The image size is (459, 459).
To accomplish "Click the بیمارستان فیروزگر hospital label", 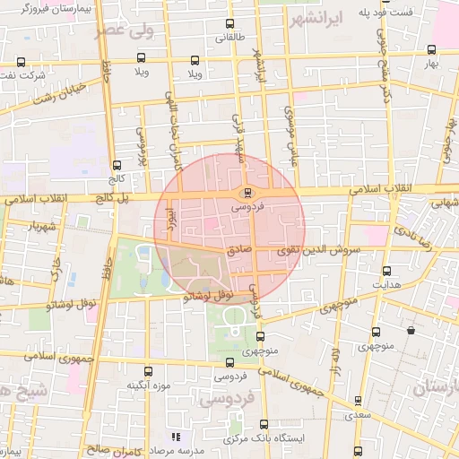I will click(x=55, y=9).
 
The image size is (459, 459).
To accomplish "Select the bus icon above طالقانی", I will click(x=230, y=24).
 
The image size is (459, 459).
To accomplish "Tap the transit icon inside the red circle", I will click(x=248, y=193).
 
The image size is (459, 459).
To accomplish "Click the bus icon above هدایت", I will click(x=386, y=271).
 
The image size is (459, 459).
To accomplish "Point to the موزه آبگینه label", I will click(x=148, y=385).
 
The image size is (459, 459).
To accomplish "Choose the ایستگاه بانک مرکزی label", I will click(x=264, y=439).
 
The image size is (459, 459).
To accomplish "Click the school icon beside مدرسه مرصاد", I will click(x=175, y=437).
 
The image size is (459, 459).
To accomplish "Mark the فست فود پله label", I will click(x=385, y=12).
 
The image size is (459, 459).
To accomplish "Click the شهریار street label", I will click(x=42, y=226).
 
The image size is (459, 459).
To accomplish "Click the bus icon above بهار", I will click(x=432, y=50).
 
